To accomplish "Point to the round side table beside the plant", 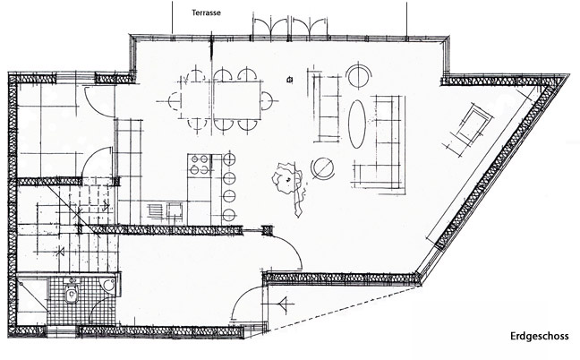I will (x=321, y=166).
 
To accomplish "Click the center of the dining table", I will (x=235, y=99).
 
